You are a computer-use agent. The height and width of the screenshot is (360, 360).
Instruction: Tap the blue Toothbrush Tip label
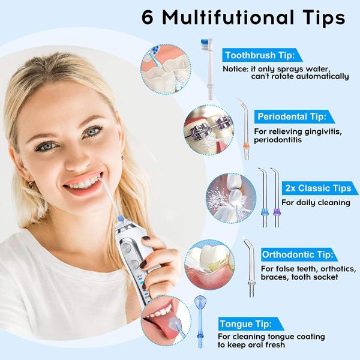tap(259, 56)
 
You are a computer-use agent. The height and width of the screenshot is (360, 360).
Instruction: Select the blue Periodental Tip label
tap(292, 116)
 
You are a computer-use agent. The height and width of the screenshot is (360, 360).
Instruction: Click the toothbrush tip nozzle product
tap(208, 66)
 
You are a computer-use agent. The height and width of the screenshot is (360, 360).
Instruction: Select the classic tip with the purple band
tap(275, 198)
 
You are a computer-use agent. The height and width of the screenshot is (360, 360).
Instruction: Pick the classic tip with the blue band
tap(262, 198)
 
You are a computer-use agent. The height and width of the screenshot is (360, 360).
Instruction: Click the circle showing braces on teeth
tap(207, 126)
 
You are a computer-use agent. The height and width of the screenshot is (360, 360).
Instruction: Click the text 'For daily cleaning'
tap(316, 203)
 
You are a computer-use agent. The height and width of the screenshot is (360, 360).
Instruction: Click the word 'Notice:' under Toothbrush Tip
tap(235, 68)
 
